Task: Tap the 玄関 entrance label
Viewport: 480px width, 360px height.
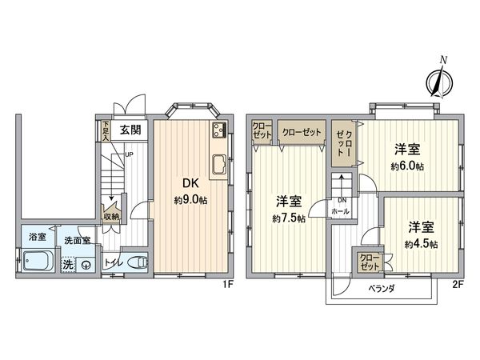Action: point(131,129)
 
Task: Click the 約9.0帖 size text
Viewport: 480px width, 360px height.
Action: point(190,200)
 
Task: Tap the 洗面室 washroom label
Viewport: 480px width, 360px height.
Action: point(78,240)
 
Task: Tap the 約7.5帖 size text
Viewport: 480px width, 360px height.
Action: point(286,218)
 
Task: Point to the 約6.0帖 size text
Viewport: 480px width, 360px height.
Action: point(406,166)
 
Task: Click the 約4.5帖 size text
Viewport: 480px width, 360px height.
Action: point(421,243)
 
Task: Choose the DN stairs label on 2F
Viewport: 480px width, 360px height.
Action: point(342,200)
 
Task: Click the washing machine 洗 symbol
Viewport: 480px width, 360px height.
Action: point(69,263)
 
